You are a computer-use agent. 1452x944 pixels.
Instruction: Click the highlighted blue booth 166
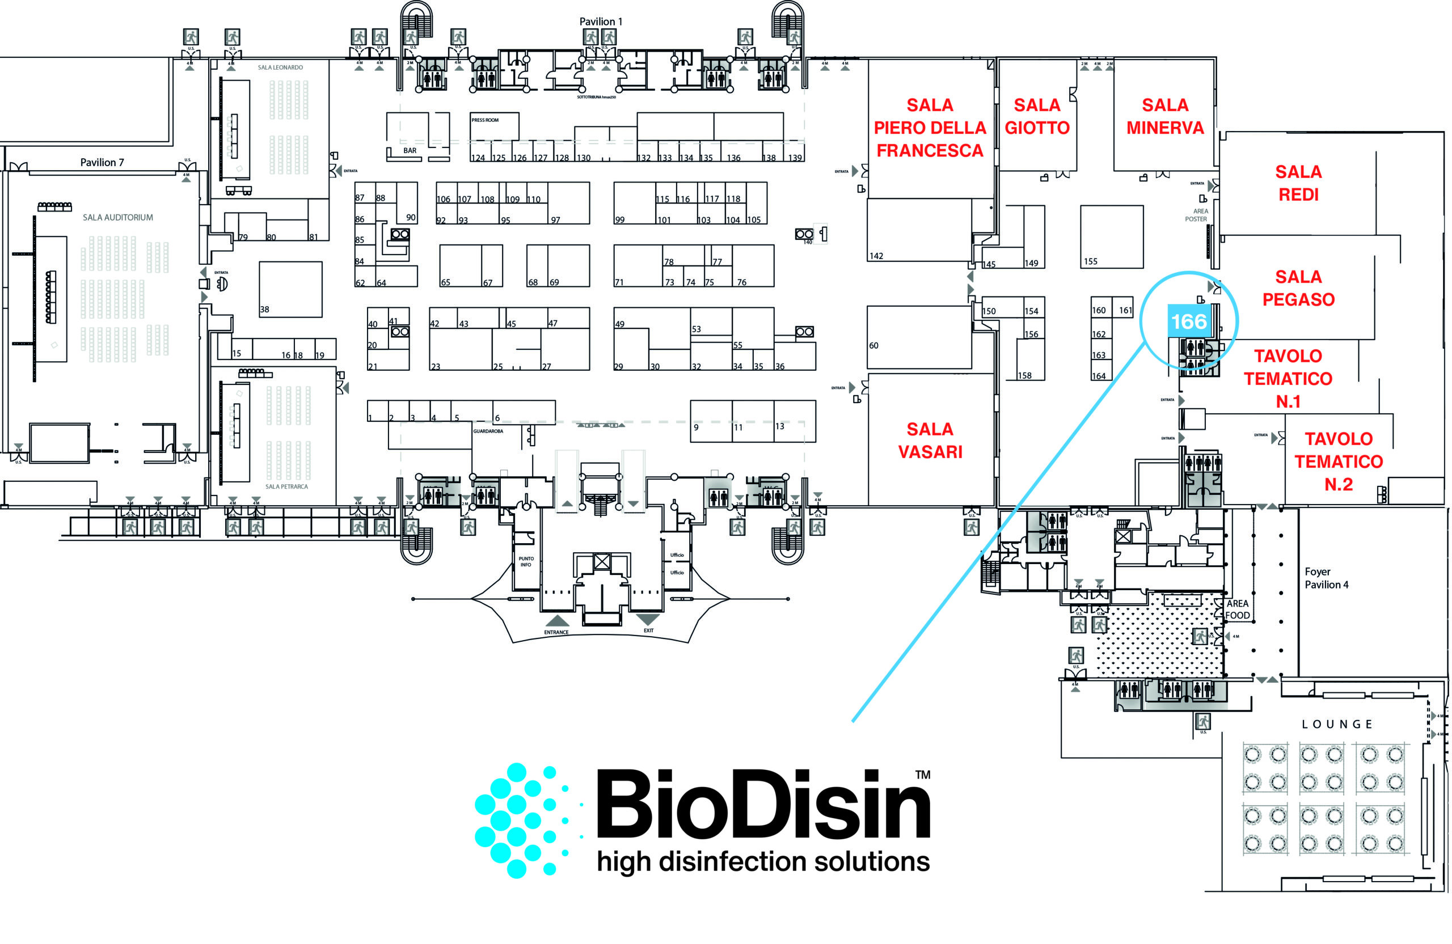1188,321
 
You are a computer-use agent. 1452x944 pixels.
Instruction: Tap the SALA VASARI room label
930,441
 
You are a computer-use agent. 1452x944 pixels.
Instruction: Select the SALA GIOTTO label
1037,116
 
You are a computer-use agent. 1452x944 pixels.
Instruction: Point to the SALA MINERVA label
1164,116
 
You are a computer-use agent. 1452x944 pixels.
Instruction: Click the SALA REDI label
1298,183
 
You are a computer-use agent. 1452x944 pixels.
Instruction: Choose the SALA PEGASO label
1298,288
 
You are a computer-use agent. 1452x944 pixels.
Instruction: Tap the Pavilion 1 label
600,22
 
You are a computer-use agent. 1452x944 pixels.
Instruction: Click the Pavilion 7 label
102,162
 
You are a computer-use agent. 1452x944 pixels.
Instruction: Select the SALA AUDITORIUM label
118,217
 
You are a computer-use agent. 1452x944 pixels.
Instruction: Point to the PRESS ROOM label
485,120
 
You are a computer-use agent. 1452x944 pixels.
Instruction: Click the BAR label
410,151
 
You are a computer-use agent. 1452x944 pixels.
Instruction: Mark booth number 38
265,309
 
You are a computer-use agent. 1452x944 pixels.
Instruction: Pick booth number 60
873,346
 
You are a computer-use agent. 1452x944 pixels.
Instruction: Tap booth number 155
1090,261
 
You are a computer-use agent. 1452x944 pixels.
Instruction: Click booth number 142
876,256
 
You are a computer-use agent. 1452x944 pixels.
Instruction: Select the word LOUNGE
1337,725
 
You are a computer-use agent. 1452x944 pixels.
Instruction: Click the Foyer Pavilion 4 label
1326,578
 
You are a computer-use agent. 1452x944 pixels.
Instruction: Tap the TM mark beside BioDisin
922,774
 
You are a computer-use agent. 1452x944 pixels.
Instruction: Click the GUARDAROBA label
488,431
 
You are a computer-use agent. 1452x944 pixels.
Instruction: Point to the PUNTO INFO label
526,562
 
